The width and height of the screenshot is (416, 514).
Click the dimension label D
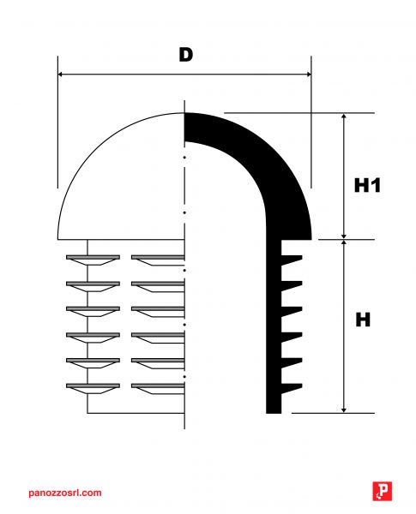186,55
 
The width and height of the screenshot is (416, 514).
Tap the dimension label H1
367,185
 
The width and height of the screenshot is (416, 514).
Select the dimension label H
363,320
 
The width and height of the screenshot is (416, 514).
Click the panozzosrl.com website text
65,493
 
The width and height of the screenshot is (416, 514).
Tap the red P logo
383,491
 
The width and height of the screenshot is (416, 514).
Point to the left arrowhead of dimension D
60,75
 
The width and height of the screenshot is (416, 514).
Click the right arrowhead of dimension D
308,75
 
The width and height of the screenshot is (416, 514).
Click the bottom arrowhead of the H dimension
344,409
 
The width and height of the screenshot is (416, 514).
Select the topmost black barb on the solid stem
292,260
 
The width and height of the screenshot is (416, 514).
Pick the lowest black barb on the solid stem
292,388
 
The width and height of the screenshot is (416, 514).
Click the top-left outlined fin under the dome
93,260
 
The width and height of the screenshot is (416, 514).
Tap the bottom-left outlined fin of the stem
93,388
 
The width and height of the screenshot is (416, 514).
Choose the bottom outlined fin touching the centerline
158,388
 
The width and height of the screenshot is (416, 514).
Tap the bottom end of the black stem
274,412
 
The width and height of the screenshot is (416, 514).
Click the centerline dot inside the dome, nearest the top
184,158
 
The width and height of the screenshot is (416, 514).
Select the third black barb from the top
292,311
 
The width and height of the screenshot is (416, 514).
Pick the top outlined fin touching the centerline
158,260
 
